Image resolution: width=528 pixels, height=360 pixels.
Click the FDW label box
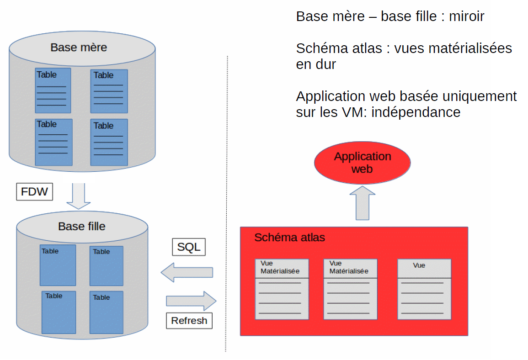pos(34,191)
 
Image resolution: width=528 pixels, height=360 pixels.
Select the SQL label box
pos(189,247)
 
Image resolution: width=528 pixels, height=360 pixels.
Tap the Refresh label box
pos(189,321)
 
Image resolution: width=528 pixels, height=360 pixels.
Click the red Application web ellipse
pos(362,163)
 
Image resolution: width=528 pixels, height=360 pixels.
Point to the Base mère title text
pos(79,48)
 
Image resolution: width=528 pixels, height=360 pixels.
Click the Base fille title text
pos(82,226)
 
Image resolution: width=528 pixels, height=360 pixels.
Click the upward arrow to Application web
pos(362,203)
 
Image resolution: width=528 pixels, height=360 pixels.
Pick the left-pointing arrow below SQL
pos(187,272)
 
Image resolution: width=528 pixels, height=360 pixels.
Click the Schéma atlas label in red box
pos(289,238)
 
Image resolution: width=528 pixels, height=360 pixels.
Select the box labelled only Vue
pos(424,289)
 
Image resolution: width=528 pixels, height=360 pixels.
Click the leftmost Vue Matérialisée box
pos(282,289)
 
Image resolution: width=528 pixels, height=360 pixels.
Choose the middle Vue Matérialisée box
pos(350,289)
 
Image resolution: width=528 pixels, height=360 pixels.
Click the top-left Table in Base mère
pos(53,90)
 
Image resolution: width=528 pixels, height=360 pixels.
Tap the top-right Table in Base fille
pos(106,266)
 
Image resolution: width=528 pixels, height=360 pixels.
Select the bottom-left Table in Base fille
pos(59,312)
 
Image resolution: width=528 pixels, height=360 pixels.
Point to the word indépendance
pos(416,112)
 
